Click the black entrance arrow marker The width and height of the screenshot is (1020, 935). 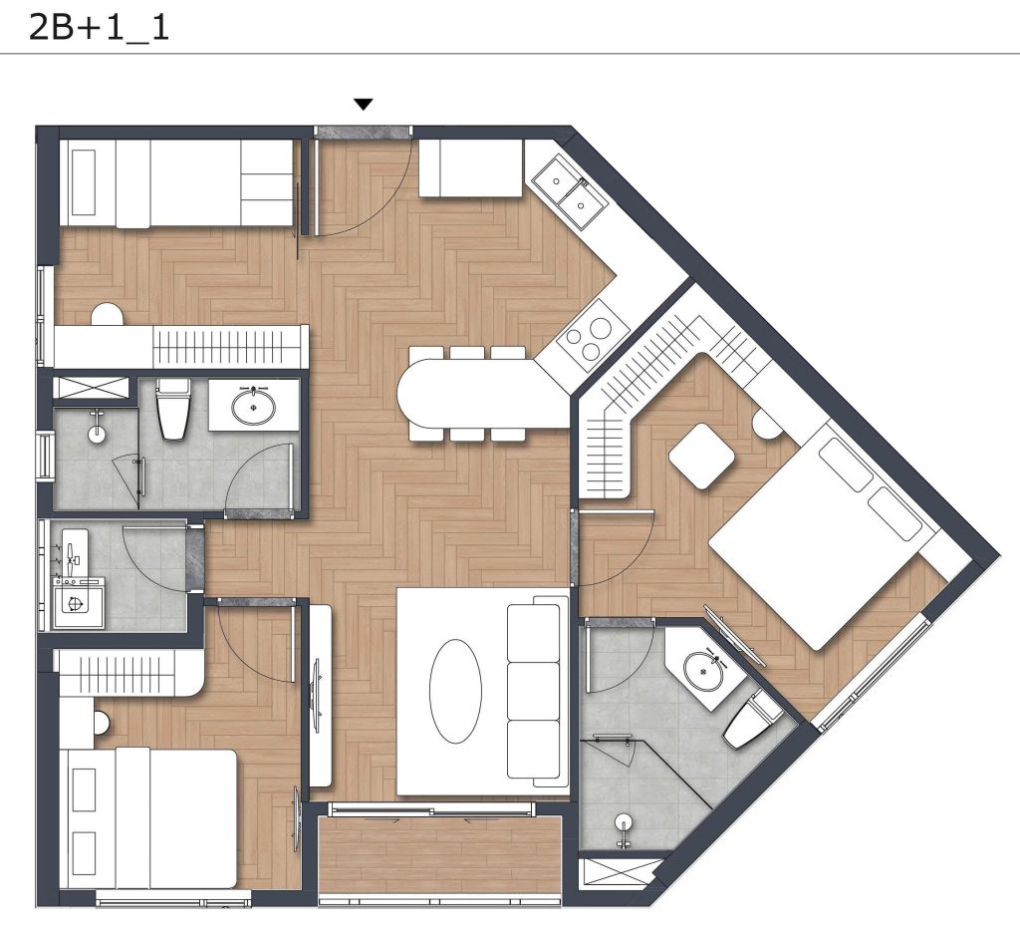[363, 105]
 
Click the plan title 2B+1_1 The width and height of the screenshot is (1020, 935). [99, 28]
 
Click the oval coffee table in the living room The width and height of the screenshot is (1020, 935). [455, 691]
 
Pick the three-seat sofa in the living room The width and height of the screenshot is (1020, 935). [534, 691]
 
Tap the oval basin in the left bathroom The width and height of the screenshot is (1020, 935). [254, 406]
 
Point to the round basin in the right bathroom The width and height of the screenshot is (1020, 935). [703, 671]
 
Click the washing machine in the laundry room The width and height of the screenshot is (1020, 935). [78, 602]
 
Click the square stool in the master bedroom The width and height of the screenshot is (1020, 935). [702, 456]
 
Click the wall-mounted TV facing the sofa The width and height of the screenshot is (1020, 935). [318, 694]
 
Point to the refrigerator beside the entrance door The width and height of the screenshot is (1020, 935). [471, 168]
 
